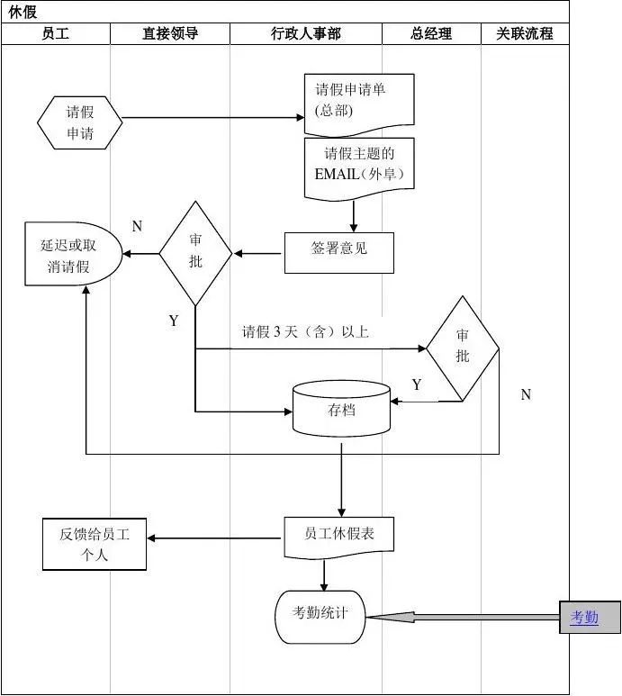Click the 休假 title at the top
(23, 12)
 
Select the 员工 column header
(55, 34)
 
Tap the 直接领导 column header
(170, 34)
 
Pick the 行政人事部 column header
(306, 34)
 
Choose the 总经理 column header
(431, 34)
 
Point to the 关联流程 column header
(525, 34)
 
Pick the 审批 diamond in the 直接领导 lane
(195, 253)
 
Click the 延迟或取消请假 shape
(71, 255)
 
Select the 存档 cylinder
(342, 409)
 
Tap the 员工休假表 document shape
(338, 535)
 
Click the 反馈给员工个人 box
(95, 544)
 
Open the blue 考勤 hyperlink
(584, 618)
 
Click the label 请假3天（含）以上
(305, 331)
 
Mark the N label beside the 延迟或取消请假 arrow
(137, 227)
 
